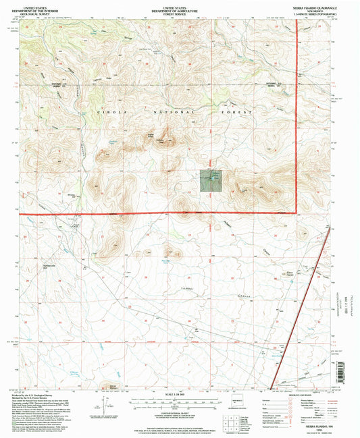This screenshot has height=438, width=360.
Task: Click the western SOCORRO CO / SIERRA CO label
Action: point(54,85)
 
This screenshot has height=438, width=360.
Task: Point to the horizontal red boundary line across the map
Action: point(155,214)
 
